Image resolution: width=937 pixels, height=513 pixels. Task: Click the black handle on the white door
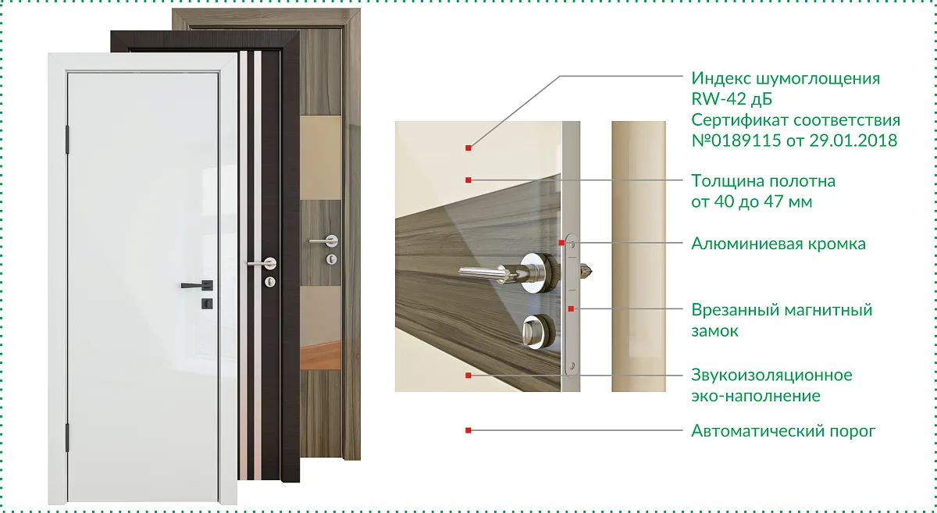197,285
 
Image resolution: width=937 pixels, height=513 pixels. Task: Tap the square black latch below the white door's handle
207,304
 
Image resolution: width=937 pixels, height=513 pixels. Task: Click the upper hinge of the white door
67,139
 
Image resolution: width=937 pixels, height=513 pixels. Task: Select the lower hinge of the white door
67,437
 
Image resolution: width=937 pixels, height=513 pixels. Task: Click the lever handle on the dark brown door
262,264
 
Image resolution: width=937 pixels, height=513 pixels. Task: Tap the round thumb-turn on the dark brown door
270,282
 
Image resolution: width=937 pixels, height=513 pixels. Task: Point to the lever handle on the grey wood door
324,240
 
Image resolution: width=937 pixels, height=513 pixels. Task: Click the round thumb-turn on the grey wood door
331,259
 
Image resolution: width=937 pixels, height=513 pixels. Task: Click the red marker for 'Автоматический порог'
468,430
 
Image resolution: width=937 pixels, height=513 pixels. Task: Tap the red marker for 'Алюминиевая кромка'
561,243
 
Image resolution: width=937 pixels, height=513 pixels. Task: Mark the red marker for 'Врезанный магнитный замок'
571,308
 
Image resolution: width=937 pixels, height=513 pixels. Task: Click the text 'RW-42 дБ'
732,99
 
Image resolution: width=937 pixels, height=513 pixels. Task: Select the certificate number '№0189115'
736,141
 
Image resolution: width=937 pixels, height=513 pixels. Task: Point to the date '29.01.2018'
853,141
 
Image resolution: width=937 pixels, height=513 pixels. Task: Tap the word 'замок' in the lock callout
715,331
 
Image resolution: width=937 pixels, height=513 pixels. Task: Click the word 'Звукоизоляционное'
771,375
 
